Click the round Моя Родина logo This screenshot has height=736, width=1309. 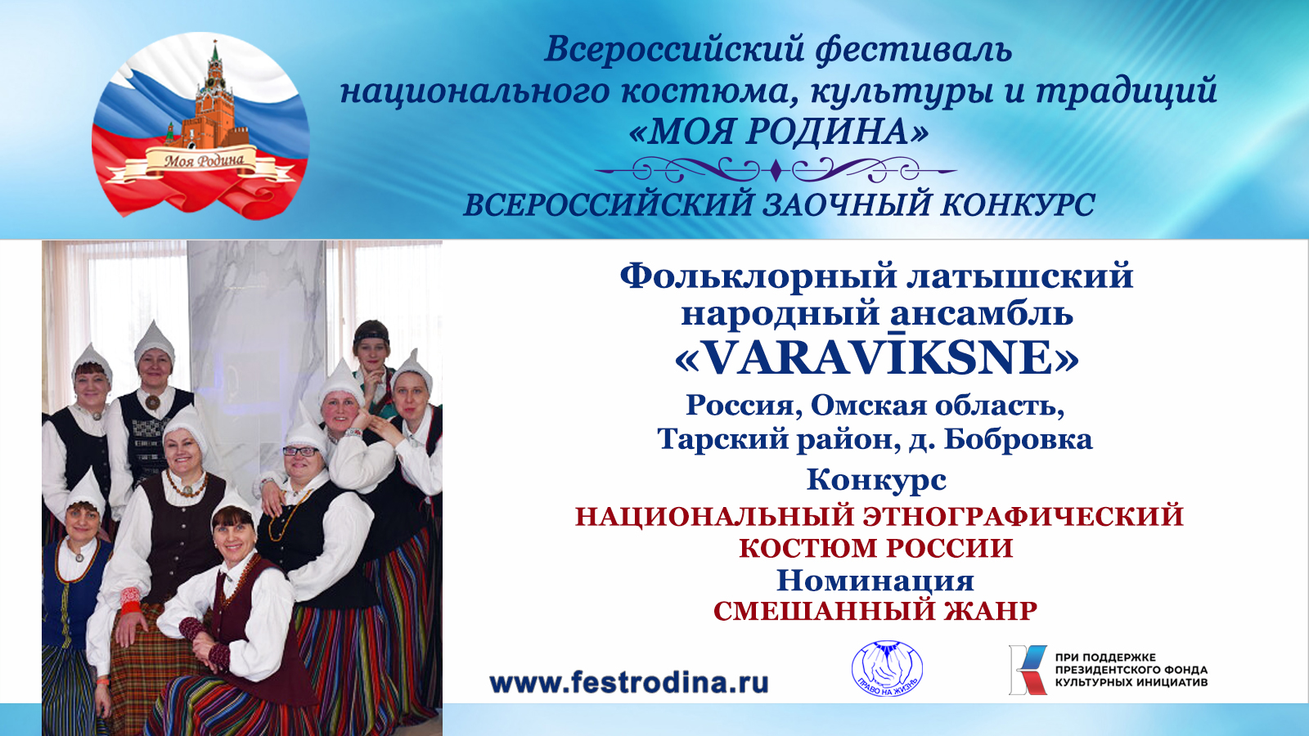click(x=200, y=125)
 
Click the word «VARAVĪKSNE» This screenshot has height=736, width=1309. click(x=876, y=358)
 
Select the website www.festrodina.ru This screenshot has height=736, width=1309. click(x=628, y=682)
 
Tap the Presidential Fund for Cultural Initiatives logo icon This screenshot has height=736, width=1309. click(x=1027, y=670)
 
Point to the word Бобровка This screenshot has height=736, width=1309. click(x=1018, y=440)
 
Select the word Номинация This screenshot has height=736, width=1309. click(x=875, y=581)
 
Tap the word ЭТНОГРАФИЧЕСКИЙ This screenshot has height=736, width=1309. click(x=1023, y=517)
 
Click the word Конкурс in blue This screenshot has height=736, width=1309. click(x=876, y=480)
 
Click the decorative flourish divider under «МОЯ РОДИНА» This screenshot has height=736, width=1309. click(x=776, y=171)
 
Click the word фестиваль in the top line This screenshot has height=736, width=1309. click(x=914, y=49)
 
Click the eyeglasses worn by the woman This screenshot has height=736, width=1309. click(x=300, y=451)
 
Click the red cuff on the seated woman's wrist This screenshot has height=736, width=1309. click(x=130, y=599)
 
